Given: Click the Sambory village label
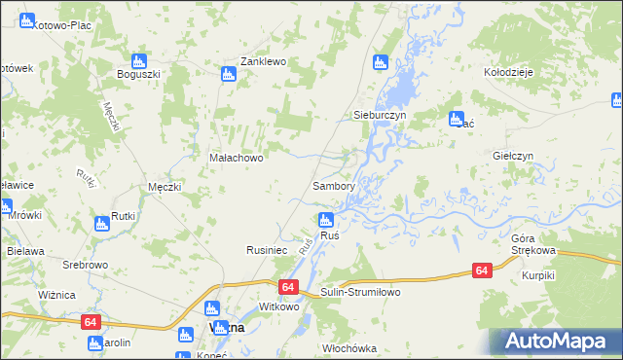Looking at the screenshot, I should point(333,185).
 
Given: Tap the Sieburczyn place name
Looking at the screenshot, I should point(379,115).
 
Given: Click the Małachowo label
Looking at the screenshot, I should point(237,157).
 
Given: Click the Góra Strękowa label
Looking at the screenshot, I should point(532,244).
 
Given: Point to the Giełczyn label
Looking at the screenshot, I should point(514,156).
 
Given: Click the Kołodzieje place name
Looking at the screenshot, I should point(506,72).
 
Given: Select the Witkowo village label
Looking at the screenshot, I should point(279,306).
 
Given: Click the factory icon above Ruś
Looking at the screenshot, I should point(327,219).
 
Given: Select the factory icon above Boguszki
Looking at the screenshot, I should point(140,59).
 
